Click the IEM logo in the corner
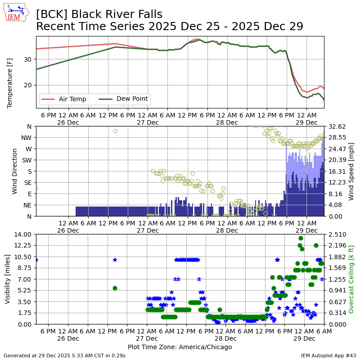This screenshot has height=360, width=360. (16, 13)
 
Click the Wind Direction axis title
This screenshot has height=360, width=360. (15, 171)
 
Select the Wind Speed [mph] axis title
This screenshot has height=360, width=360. (351, 171)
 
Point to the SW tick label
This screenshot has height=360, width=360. (28, 160)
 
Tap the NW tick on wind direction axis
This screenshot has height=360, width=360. (27, 137)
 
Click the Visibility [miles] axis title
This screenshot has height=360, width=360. (8, 279)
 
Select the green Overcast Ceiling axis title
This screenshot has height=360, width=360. (351, 279)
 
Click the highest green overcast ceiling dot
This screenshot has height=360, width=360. (301, 238)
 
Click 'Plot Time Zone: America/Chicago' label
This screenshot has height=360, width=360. (180, 347)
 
